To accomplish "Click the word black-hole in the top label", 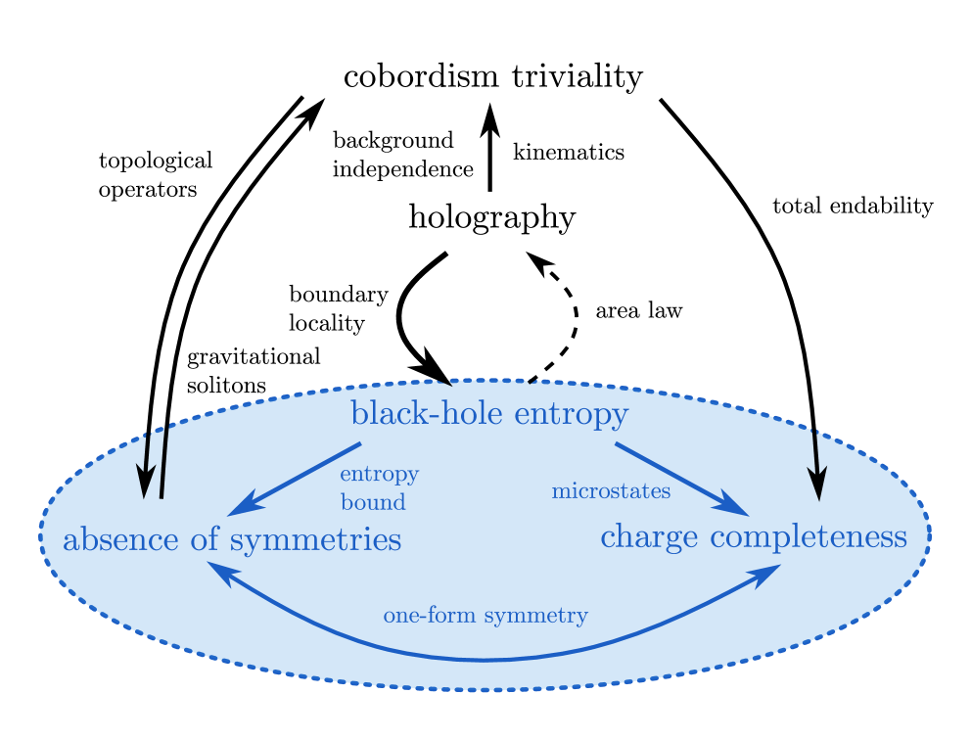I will [417, 414].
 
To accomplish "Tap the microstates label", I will [611, 491].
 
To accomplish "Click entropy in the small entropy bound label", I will [379, 475].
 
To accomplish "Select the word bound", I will [373, 502].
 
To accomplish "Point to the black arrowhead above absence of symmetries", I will [145, 481].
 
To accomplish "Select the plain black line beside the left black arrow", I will [163, 460].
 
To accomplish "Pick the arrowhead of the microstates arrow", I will [734, 507].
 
